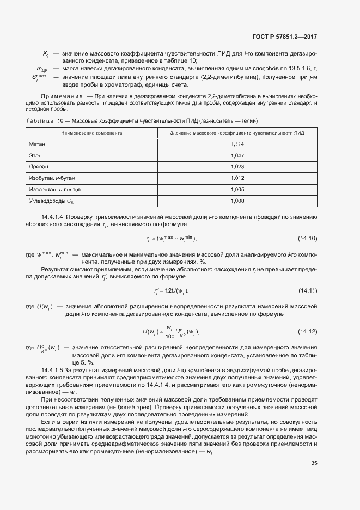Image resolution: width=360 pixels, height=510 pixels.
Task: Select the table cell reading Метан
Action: pyautogui.click(x=38, y=144)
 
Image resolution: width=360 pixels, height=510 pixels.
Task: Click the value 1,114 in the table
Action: pyautogui.click(x=237, y=144)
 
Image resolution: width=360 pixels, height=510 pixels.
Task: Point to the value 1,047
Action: pyautogui.click(x=237, y=156)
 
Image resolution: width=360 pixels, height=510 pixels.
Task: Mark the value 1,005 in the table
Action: pyautogui.click(x=237, y=190)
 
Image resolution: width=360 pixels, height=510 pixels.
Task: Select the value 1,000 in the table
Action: pyautogui.click(x=237, y=201)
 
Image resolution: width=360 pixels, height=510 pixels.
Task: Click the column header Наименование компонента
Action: pyautogui.click(x=91, y=133)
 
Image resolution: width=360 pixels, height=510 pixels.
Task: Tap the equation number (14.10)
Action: pyautogui.click(x=307, y=239)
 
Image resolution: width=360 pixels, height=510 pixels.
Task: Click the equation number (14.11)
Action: pyautogui.click(x=307, y=289)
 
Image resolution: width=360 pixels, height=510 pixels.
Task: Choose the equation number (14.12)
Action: pyautogui.click(x=307, y=331)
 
